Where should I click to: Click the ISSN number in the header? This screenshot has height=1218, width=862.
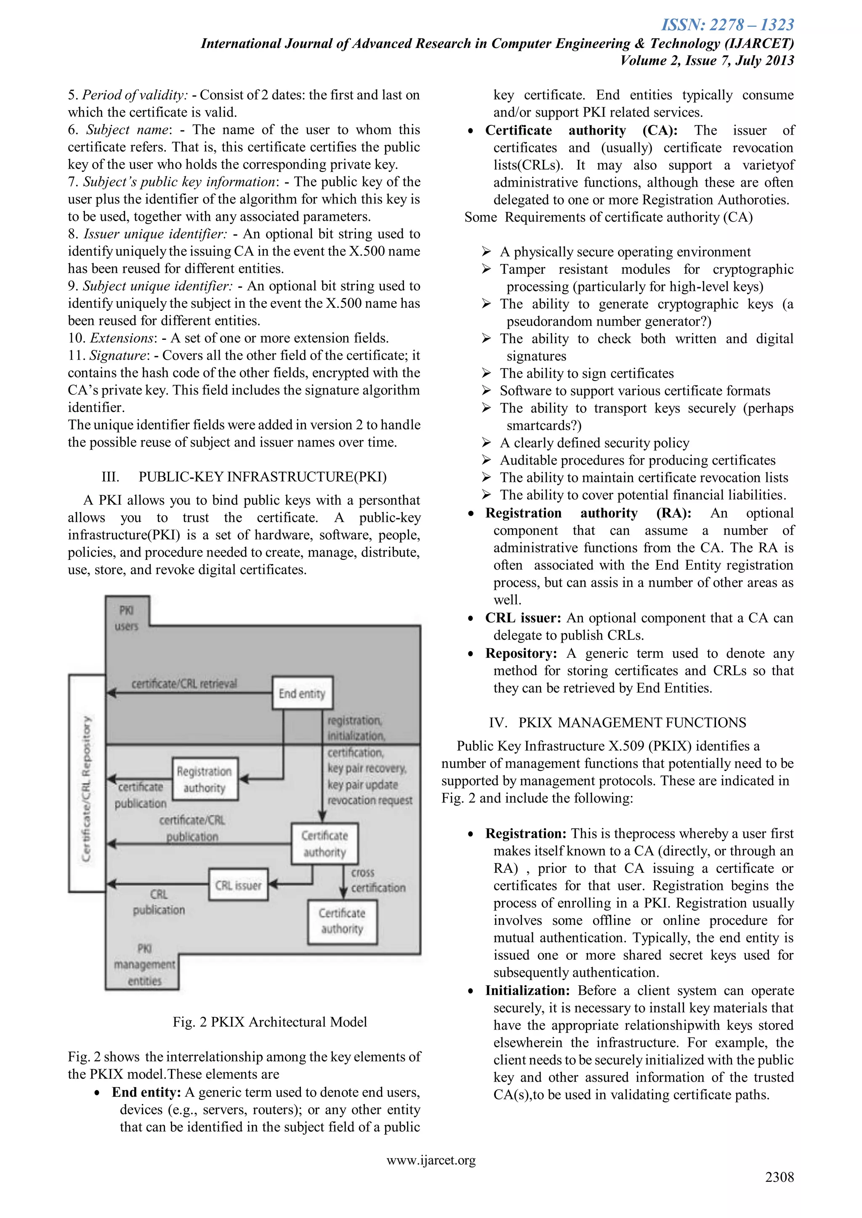click(727, 25)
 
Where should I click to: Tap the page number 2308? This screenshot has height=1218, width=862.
click(779, 1177)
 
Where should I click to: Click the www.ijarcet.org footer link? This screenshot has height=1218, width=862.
click(431, 1160)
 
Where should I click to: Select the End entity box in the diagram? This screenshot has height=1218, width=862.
click(302, 693)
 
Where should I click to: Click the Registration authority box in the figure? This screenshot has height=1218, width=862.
click(205, 779)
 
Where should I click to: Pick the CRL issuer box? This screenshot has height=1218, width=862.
click(238, 885)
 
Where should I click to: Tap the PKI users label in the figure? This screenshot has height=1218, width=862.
click(126, 618)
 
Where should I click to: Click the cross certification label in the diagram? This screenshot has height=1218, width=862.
click(378, 880)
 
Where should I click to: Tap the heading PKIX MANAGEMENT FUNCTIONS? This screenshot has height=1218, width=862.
click(632, 723)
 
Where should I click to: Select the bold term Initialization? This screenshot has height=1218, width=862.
click(527, 990)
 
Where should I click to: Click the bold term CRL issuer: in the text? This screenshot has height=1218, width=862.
click(523, 618)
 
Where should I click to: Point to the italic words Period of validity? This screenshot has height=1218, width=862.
click(134, 95)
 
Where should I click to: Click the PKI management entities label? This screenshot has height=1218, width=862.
click(144, 964)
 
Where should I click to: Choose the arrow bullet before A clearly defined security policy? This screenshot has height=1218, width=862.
click(486, 442)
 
